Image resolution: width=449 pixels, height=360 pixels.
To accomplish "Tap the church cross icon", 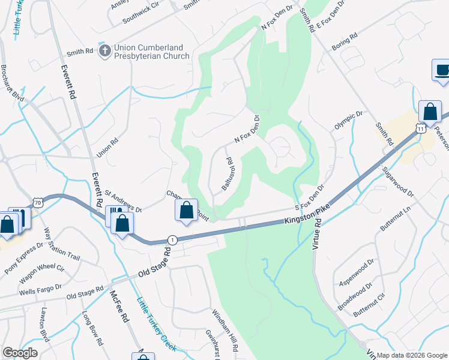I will click(104, 51).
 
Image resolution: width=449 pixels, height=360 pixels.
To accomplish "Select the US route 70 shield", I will click(38, 204).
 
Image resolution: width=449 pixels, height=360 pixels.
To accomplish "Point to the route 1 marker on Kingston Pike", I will click(172, 239).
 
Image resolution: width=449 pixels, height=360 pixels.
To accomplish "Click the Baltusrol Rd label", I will click(227, 174).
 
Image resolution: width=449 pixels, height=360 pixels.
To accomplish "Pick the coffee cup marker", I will click(442, 70).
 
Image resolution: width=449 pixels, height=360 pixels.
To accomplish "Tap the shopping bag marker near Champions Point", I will click(186, 211).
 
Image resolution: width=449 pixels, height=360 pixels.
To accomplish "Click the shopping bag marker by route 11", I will click(429, 112).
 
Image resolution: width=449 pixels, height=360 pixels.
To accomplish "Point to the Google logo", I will click(20, 353).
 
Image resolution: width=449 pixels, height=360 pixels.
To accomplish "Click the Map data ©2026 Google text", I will click(412, 355).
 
